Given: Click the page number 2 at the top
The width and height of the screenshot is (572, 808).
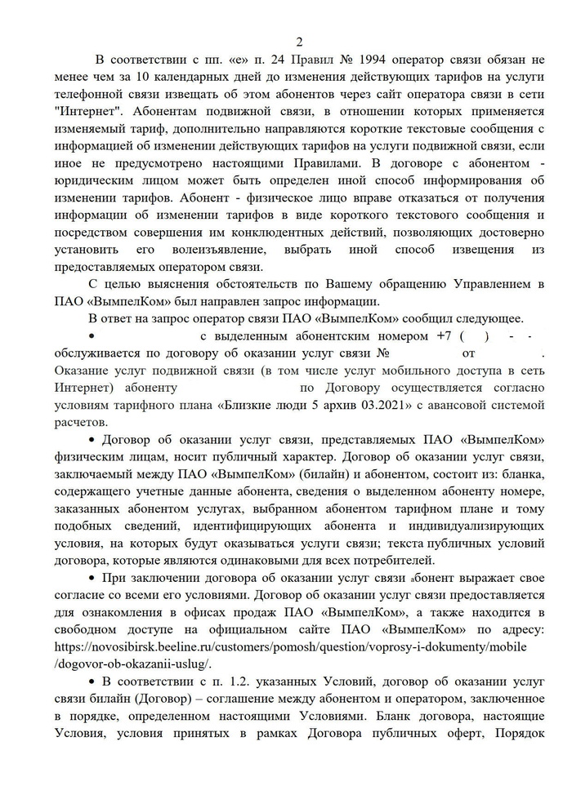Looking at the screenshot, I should (298, 42).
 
